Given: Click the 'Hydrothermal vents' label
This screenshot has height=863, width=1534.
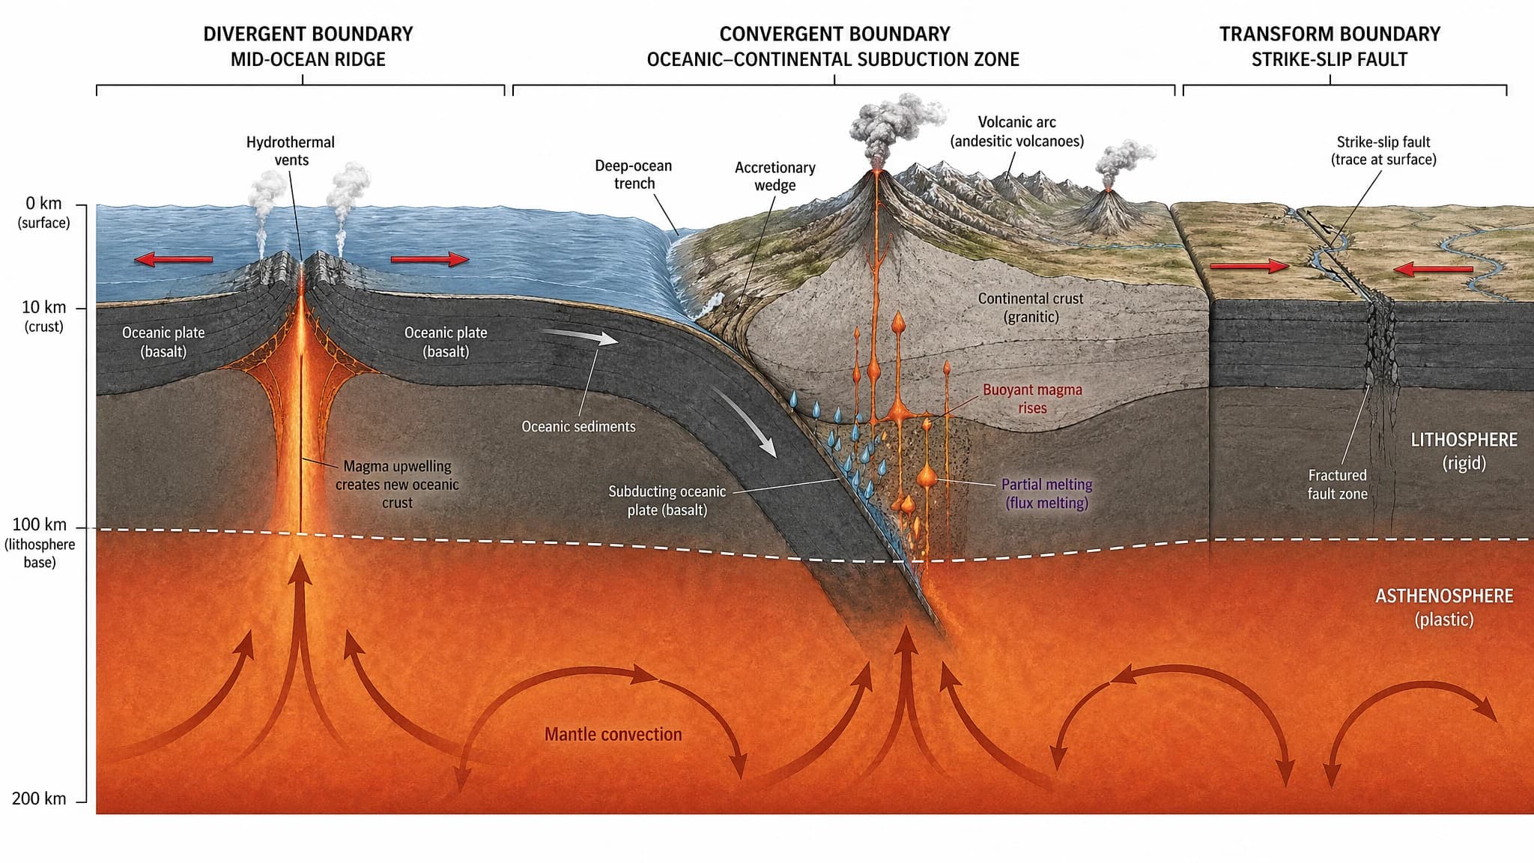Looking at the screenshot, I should tap(291, 151).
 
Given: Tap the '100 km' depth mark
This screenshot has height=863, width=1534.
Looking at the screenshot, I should tap(39, 524).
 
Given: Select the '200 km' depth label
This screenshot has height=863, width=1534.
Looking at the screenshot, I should tap(39, 799).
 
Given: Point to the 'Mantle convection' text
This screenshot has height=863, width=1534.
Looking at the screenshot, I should tap(613, 734).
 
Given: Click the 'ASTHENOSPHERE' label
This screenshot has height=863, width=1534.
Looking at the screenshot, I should tap(1444, 596).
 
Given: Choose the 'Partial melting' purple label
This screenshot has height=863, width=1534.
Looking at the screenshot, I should tap(1046, 493).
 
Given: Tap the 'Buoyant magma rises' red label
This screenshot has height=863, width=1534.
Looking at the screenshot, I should tap(1032, 399).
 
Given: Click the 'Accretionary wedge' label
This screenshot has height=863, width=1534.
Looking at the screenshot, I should tap(774, 176).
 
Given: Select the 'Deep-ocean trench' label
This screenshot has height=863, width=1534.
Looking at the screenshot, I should tap(634, 174).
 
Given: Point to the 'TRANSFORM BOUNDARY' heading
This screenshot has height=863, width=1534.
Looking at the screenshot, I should tap(1330, 34).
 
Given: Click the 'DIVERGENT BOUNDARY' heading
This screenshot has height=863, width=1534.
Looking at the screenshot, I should tap(308, 34).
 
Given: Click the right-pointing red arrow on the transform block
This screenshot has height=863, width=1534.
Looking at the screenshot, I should tap(1249, 266).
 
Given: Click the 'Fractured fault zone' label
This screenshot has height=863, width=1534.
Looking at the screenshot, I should tap(1337, 484).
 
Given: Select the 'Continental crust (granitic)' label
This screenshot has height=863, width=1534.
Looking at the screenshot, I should tap(1030, 307).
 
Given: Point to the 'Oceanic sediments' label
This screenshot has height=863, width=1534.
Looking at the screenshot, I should tap(578, 426).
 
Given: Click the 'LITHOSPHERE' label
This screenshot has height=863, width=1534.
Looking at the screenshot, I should tap(1464, 440).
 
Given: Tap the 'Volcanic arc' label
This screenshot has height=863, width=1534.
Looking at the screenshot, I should tap(1016, 131).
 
